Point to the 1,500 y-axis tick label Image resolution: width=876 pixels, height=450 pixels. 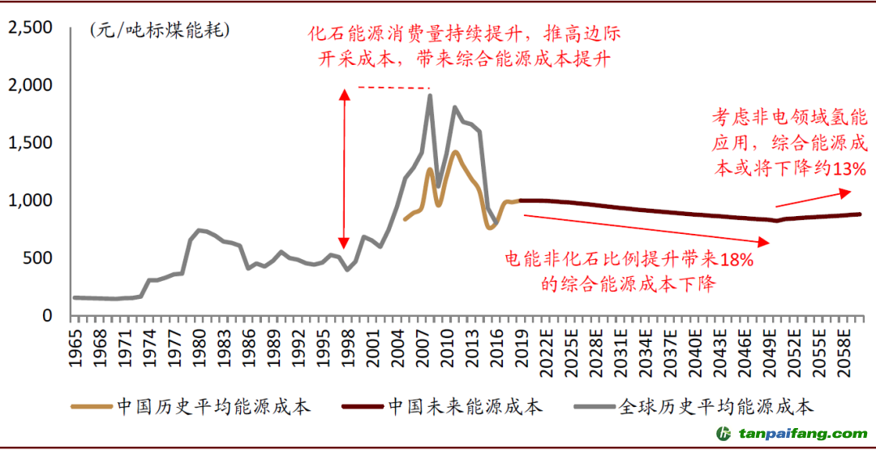[30, 143]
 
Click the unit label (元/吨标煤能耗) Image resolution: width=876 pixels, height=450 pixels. [160, 32]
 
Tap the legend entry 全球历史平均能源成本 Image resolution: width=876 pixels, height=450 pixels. [715, 405]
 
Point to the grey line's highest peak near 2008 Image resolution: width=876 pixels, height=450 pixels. [429, 96]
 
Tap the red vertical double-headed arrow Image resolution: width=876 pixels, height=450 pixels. [345, 169]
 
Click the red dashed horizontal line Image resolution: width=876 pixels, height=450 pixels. [393, 88]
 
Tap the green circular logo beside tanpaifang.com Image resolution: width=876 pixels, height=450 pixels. [721, 434]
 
